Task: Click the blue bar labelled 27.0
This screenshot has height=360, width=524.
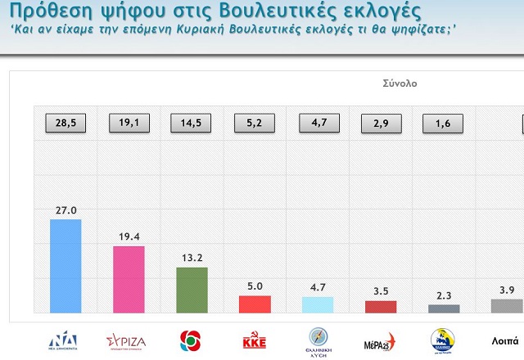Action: pos(65,265)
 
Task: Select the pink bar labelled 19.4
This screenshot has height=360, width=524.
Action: pos(128,279)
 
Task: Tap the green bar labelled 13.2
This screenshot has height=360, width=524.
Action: pos(192,290)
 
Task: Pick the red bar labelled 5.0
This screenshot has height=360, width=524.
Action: pos(254,304)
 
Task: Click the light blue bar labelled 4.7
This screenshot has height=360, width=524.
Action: pos(318,304)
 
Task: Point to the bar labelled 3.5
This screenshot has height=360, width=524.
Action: pos(380,306)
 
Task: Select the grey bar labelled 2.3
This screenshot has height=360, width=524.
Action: pos(444,308)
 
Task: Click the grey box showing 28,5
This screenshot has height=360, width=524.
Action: pos(65,124)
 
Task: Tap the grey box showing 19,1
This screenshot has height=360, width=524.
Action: pos(129,124)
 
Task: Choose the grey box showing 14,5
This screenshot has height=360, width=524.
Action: pos(191,124)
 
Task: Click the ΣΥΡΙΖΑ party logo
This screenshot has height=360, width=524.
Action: pos(128,340)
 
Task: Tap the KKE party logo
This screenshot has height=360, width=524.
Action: pos(255,340)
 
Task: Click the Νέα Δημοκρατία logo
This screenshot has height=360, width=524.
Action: pos(65,340)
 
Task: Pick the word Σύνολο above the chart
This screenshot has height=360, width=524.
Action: pos(400,83)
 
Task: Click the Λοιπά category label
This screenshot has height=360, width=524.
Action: pos(504,340)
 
